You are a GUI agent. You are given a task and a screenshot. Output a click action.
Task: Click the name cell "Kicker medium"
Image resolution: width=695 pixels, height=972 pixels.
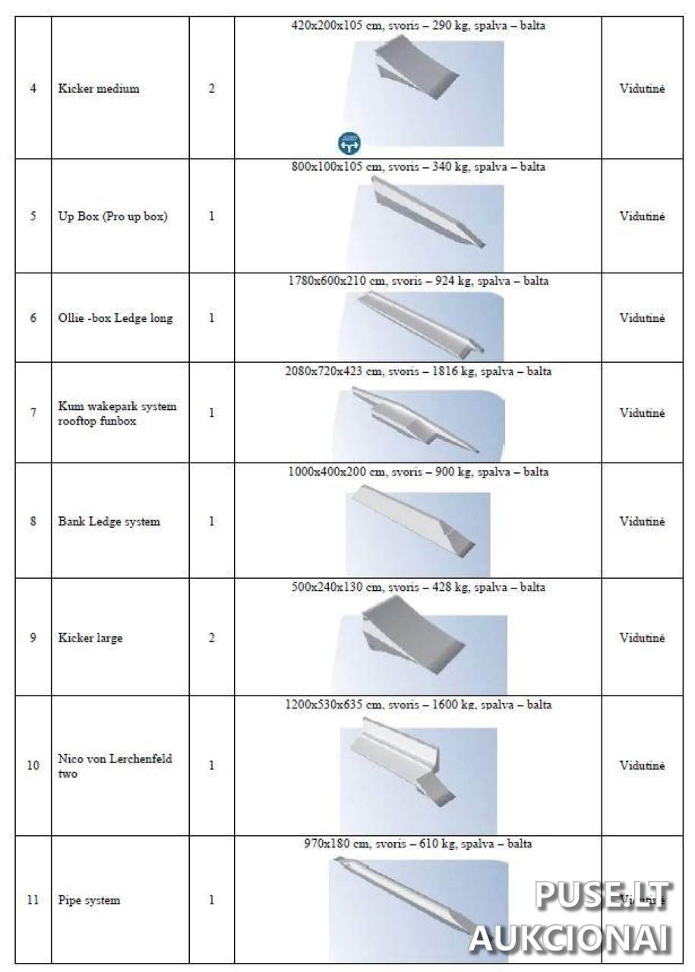click(99, 89)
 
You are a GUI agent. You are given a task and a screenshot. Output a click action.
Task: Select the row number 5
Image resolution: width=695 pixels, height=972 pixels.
click(33, 216)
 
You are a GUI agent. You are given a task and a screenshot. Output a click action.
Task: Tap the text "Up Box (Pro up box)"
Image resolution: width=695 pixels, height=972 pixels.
click(112, 216)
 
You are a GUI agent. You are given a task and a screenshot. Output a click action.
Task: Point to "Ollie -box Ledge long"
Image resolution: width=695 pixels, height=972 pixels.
click(115, 318)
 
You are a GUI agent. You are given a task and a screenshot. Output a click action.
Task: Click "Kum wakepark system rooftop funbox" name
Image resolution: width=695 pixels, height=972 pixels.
click(117, 414)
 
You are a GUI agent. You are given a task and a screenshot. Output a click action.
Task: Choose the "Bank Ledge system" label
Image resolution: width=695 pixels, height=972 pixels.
click(109, 522)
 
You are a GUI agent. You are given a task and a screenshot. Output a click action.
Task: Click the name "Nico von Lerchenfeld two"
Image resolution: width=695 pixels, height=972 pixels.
click(115, 766)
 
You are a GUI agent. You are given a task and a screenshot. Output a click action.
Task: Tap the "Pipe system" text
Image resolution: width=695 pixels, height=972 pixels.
click(89, 901)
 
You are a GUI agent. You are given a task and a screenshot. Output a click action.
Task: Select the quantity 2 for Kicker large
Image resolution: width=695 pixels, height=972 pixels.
click(211, 638)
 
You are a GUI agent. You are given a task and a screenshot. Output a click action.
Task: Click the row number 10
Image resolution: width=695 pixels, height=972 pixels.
click(33, 765)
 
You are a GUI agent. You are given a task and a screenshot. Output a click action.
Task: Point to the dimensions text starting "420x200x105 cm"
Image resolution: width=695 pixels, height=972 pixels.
click(418, 25)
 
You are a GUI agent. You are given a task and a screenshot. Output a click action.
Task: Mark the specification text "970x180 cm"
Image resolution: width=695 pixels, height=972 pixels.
click(418, 844)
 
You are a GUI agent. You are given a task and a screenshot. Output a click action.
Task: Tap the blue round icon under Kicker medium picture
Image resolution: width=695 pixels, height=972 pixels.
click(349, 141)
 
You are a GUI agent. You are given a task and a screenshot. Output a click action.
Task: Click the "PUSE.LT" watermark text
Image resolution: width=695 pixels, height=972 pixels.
click(602, 896)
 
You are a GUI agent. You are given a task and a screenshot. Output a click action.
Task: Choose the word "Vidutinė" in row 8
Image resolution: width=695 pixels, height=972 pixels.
click(642, 522)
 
